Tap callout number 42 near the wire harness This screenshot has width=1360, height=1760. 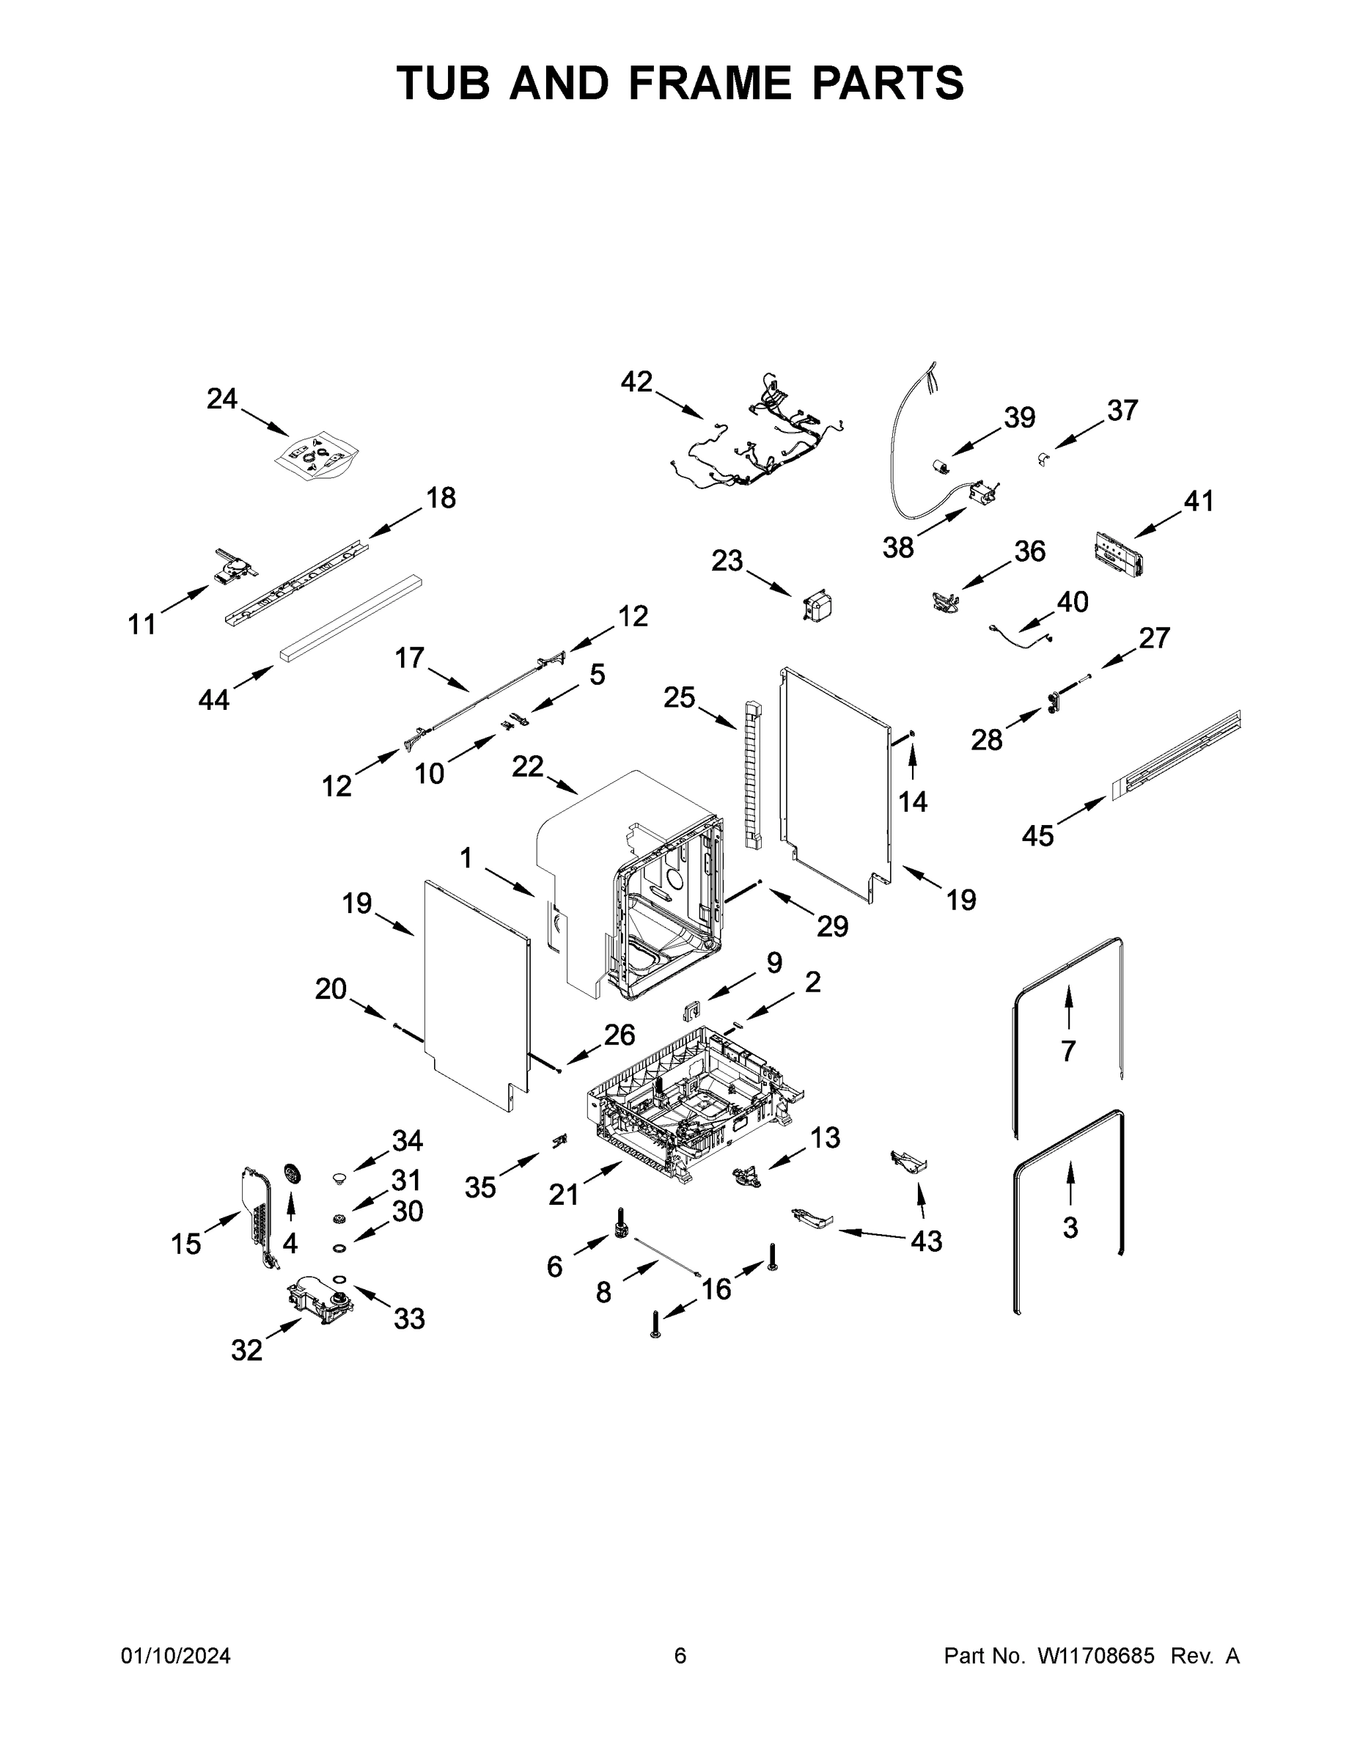click(636, 382)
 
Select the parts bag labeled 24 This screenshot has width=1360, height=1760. click(316, 457)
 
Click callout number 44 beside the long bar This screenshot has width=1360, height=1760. click(214, 700)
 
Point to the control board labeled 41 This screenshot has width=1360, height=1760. click(1117, 556)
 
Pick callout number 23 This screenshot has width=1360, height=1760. click(727, 561)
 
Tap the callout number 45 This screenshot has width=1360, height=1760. click(1037, 836)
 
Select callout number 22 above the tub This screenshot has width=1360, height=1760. click(528, 766)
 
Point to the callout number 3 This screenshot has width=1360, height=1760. click(1070, 1228)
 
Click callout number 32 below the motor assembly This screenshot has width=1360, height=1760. click(246, 1350)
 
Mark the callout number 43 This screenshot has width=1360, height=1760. click(926, 1241)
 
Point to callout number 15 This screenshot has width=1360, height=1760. click(185, 1244)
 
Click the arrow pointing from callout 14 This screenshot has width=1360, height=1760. click(913, 761)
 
